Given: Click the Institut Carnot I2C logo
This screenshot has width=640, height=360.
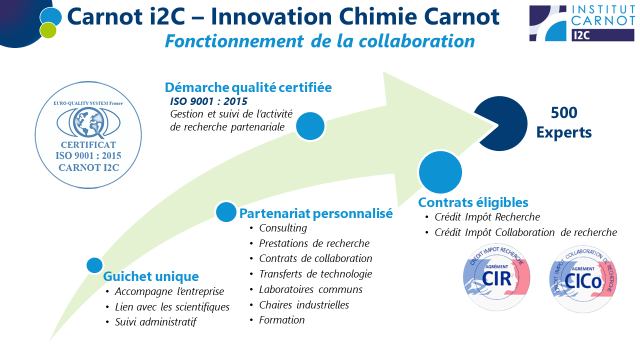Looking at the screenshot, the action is tap(581, 23).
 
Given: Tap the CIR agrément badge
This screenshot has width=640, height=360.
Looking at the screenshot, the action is tap(496, 277).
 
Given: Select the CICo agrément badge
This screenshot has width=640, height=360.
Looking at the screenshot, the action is tap(583, 279).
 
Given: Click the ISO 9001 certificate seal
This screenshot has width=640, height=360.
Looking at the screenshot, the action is tap(88, 135).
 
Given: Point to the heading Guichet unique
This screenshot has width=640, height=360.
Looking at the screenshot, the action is tap(151, 276).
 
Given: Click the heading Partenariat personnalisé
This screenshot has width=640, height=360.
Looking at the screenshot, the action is tap(316, 213).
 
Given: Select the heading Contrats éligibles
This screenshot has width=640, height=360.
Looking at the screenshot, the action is tap(473, 202).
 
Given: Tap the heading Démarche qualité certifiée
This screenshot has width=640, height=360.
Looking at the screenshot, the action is tap(248, 87).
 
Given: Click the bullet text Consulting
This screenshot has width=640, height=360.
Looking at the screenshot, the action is tap(283, 228).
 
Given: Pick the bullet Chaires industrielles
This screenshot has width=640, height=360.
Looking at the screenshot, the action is tap(304, 305).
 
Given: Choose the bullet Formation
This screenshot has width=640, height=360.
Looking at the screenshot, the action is tap(281, 320).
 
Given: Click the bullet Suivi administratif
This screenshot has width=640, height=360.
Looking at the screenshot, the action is tap(155, 322).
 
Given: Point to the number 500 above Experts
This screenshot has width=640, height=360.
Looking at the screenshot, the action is tap(564, 112).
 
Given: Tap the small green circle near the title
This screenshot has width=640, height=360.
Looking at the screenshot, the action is tap(48, 30).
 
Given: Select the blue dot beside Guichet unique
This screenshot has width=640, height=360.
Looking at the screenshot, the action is tap(94, 265).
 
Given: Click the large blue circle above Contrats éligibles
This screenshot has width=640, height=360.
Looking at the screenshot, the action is tap(440, 172).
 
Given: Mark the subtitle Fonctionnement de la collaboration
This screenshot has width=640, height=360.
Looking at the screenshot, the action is tap(320, 41).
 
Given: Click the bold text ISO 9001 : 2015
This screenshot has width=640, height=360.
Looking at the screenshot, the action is tap(209, 101).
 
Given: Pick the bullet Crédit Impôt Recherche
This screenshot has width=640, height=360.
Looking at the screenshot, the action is tap(487, 217).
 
